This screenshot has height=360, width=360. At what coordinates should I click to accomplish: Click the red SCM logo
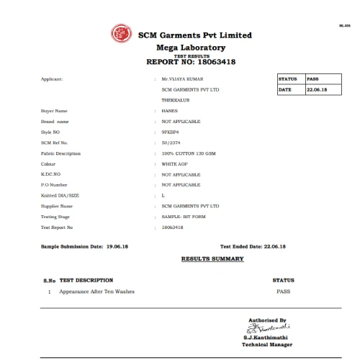119,33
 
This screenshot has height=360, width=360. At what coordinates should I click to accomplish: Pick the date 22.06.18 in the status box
316,89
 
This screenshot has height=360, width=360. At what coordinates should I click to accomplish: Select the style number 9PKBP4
171,132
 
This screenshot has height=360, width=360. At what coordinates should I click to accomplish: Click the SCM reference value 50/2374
171,143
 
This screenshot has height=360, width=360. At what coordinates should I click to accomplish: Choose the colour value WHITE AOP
174,164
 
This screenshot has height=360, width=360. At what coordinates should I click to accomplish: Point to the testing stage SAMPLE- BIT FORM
184,217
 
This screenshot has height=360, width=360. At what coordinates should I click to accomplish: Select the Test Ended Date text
253,247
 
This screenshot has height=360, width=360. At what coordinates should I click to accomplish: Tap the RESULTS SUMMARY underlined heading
212,258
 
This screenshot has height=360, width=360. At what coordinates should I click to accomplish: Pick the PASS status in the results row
284,291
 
